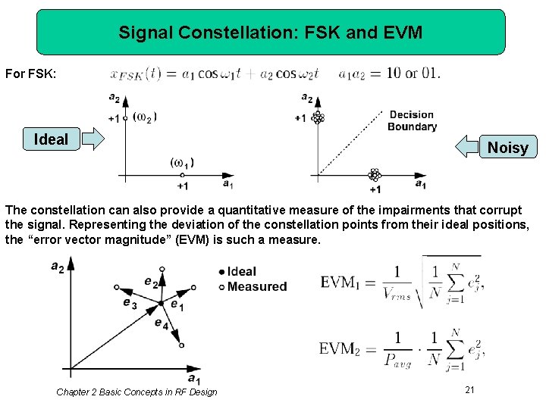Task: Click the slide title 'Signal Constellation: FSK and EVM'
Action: pos(271,33)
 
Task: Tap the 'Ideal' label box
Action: pos(51,139)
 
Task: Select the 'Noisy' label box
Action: pos(507,147)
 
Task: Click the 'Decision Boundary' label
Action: pos(412,120)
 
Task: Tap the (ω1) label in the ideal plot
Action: pos(181,162)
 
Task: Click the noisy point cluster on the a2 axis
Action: pos(318,117)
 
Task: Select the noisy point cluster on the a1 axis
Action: pos(373,175)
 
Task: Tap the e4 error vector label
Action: pos(161,323)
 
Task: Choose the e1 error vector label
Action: pos(177,305)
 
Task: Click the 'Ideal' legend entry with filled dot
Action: pos(237,272)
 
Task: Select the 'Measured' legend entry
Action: pos(253,286)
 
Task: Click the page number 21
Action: pos(469,389)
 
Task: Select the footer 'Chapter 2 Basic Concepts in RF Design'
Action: pos(136,392)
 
